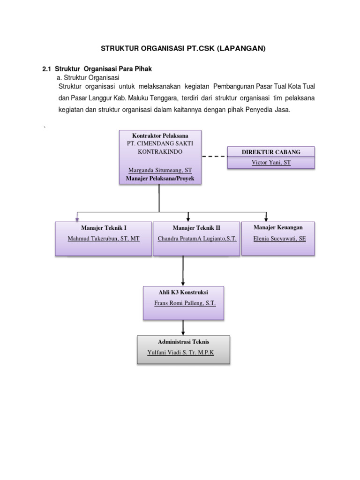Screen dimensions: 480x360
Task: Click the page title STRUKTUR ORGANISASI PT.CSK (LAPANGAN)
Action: [180, 48]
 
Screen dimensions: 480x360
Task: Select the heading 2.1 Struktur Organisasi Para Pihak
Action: [97, 69]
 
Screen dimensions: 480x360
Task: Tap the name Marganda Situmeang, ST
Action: [160, 170]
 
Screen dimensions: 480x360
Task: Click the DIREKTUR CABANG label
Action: [271, 152]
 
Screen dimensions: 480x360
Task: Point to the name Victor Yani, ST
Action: [271, 163]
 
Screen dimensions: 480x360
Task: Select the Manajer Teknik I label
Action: [104, 228]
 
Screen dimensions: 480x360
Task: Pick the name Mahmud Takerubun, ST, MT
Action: [104, 239]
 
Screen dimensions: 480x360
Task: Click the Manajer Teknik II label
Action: [196, 228]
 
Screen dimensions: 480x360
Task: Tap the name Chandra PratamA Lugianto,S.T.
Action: [197, 239]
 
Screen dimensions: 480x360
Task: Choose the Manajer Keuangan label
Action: [278, 227]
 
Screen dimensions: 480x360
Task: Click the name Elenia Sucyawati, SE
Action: [279, 238]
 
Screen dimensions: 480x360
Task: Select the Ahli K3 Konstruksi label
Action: [183, 292]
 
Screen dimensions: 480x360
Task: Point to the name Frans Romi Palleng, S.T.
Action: [185, 303]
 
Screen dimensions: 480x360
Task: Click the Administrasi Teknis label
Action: [184, 342]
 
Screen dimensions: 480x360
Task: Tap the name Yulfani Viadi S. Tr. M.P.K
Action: [181, 352]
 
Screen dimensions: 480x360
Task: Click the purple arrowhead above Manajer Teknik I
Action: [76, 217]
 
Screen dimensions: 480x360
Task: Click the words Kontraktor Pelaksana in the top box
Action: [160, 135]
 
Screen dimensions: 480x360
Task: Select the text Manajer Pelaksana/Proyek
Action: [160, 179]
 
